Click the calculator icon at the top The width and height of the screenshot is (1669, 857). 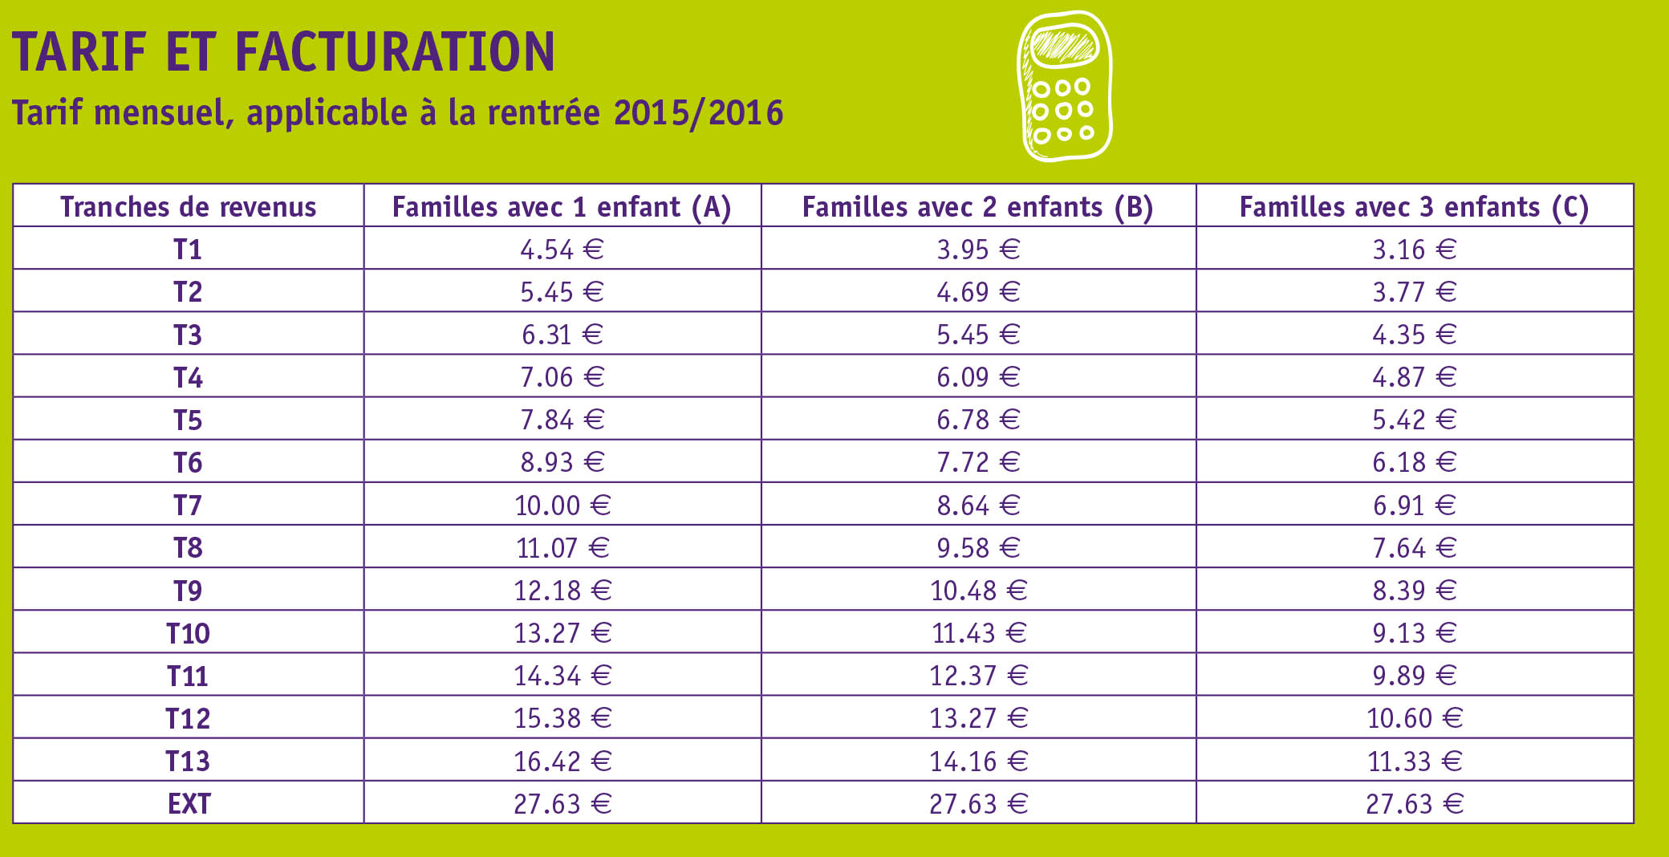click(x=1065, y=87)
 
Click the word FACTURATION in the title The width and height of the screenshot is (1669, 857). click(x=394, y=52)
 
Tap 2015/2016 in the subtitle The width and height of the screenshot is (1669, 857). click(x=698, y=113)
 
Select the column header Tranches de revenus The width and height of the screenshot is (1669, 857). click(x=189, y=207)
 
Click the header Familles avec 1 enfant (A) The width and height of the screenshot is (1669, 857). click(x=562, y=207)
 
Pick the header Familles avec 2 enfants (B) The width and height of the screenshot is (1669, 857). click(x=977, y=207)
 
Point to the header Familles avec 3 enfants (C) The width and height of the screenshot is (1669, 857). click(x=1414, y=207)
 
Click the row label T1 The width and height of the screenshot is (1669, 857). click(x=188, y=250)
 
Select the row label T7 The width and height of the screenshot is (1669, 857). click(x=188, y=506)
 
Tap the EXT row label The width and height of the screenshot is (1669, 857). click(x=189, y=803)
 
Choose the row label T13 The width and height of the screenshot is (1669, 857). click(x=188, y=761)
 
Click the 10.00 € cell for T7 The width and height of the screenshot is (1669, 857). click(x=562, y=506)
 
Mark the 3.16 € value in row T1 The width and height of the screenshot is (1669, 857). click(x=1414, y=250)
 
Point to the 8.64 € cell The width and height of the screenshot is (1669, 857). click(x=978, y=506)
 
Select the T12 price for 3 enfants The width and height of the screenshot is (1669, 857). click(x=1415, y=718)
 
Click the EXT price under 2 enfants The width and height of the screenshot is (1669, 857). click(x=978, y=803)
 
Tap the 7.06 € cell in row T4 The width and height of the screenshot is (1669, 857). click(x=562, y=377)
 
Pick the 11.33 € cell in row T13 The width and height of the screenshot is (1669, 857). click(x=1415, y=761)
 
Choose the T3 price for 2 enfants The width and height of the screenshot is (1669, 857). click(x=978, y=335)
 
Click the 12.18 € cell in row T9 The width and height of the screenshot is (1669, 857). click(x=562, y=591)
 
